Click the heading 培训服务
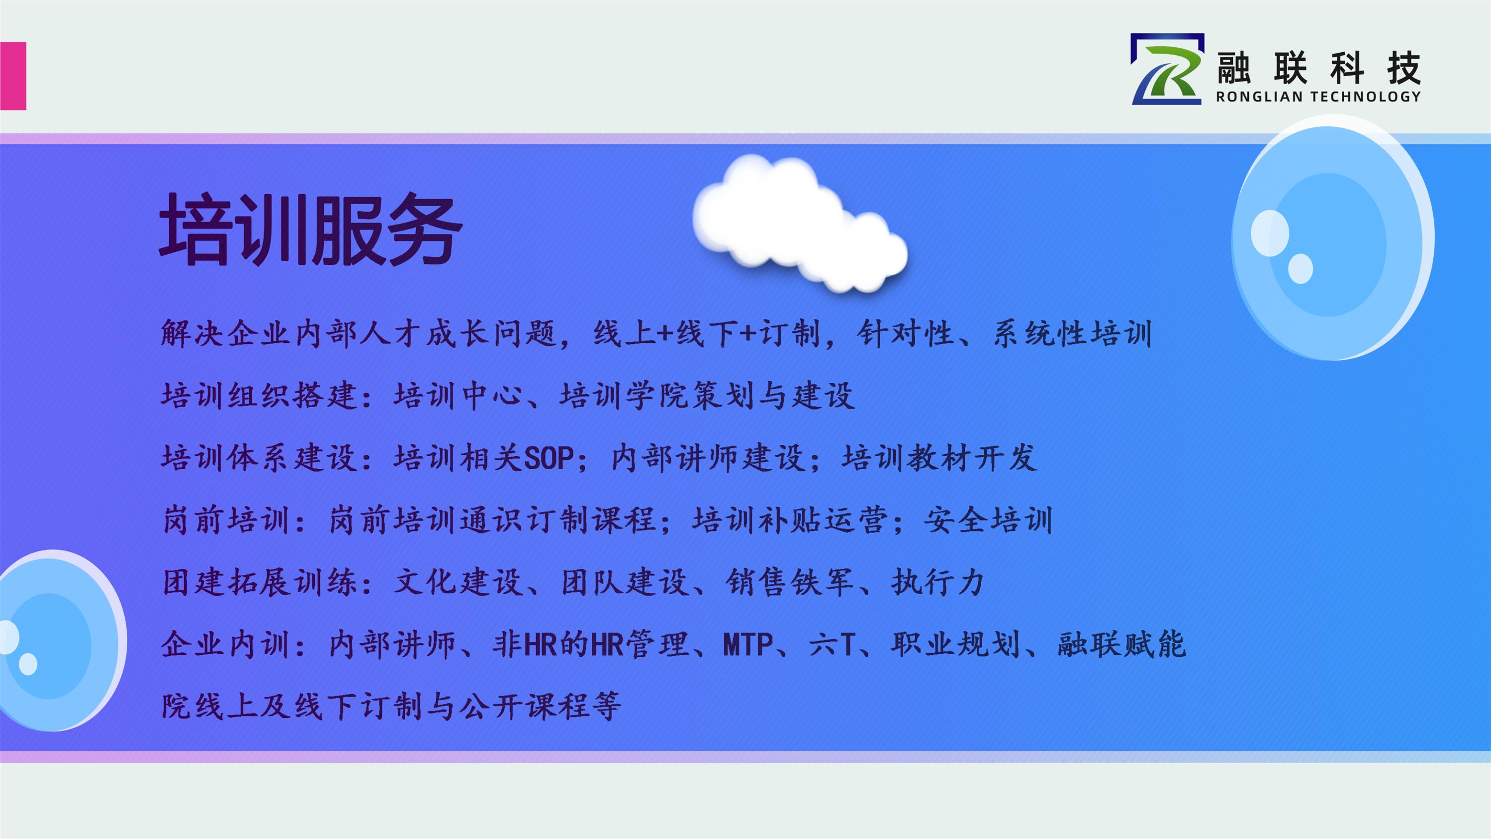311,229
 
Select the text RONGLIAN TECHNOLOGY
1318,96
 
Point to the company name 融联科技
1318,68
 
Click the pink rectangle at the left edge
13,76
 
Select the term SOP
549,459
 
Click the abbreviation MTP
748,644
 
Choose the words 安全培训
989,520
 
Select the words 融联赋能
1121,644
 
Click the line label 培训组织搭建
259,396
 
